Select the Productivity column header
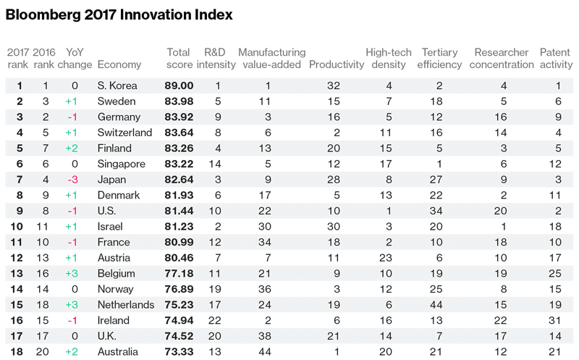(x=337, y=64)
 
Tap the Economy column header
(x=119, y=64)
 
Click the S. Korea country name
(x=117, y=85)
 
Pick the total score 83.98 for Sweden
(x=179, y=101)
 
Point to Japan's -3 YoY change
(x=73, y=180)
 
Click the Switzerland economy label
(x=124, y=133)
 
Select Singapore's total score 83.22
(x=179, y=164)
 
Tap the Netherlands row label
(x=126, y=305)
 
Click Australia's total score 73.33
(x=179, y=351)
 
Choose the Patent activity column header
(x=556, y=59)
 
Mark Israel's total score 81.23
(x=179, y=227)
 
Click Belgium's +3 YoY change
(x=72, y=274)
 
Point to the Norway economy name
(x=115, y=289)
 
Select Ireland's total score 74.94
(x=179, y=320)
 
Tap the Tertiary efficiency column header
(x=439, y=59)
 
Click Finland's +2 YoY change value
(x=72, y=148)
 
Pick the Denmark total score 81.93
(x=179, y=195)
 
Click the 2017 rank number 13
(x=17, y=274)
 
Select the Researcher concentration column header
(x=502, y=59)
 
